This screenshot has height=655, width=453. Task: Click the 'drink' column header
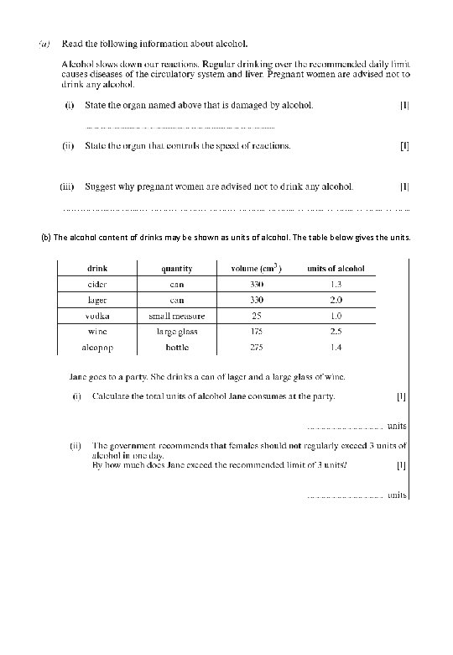click(96, 269)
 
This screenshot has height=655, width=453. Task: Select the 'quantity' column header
click(176, 269)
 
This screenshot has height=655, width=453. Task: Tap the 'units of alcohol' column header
click(336, 269)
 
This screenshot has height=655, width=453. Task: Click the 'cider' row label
click(96, 284)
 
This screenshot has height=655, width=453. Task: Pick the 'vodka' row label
click(96, 316)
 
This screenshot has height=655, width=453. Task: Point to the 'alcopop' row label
click(96, 346)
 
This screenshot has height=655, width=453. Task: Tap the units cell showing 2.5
click(336, 331)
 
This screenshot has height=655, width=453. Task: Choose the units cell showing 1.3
click(336, 284)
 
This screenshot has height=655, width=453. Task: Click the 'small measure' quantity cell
click(176, 316)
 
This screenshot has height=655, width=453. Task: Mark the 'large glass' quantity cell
click(176, 331)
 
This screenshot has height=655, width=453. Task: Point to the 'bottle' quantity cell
click(176, 346)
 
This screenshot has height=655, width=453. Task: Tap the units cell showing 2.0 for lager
click(336, 300)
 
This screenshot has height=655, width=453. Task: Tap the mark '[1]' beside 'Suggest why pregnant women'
click(404, 186)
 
